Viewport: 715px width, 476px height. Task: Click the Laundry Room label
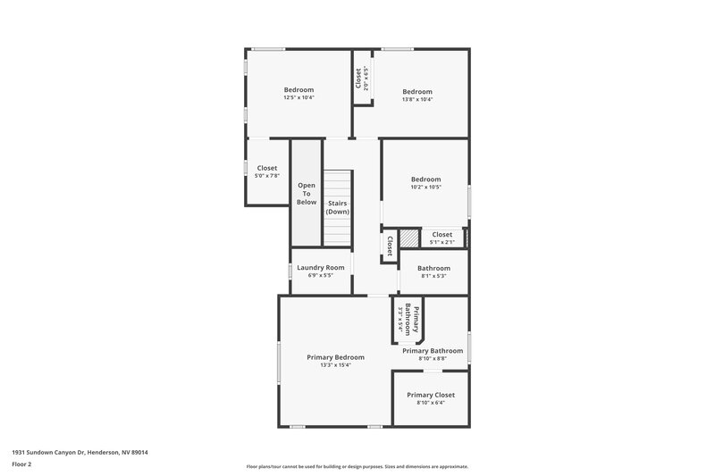click(321, 267)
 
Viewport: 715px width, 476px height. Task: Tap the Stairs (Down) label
click(337, 207)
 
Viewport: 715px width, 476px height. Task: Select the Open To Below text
click(307, 194)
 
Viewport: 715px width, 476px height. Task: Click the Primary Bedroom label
click(335, 357)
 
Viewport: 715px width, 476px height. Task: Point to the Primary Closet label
click(431, 395)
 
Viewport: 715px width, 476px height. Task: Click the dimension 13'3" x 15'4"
click(335, 365)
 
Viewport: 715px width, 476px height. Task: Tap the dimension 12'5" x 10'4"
click(299, 98)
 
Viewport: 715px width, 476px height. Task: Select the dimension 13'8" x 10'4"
click(416, 100)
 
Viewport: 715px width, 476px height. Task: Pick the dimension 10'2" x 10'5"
click(425, 188)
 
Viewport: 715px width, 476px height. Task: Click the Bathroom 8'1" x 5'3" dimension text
click(433, 276)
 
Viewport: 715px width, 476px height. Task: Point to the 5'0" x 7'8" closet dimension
click(267, 176)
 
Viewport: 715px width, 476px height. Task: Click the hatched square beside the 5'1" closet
click(409, 238)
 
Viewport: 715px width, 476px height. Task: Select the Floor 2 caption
click(21, 464)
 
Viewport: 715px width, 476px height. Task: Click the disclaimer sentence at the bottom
click(357, 466)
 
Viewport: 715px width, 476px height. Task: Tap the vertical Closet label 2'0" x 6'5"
click(360, 79)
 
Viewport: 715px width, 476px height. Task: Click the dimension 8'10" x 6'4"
click(431, 403)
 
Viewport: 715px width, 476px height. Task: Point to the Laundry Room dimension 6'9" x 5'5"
click(321, 275)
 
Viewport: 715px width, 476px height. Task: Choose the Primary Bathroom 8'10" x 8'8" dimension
click(433, 359)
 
